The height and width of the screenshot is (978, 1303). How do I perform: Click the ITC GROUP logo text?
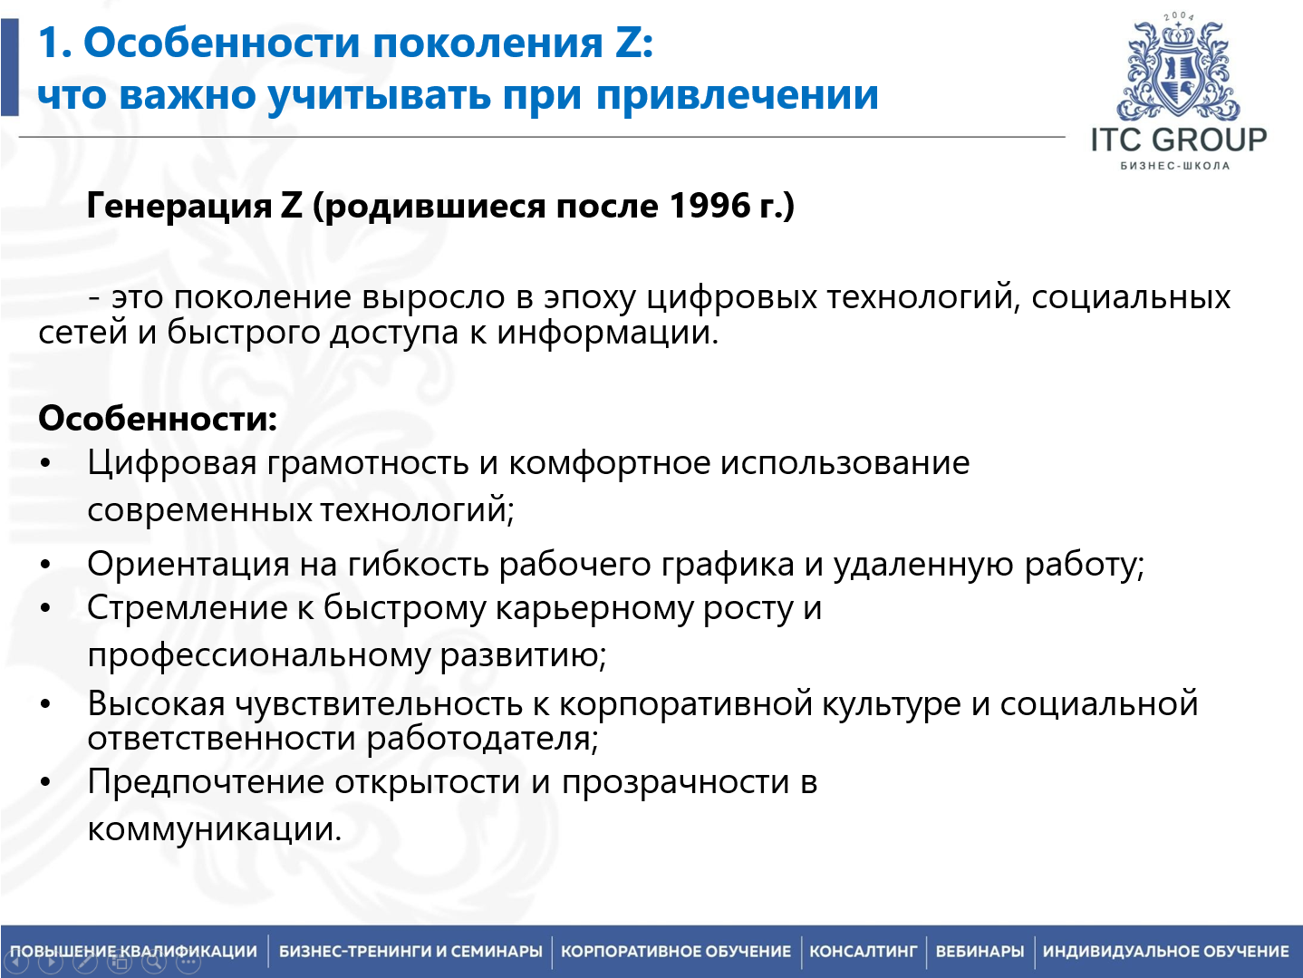click(x=1178, y=140)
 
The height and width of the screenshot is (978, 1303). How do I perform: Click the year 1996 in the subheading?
click(x=710, y=206)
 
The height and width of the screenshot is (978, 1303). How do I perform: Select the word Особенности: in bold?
click(x=158, y=419)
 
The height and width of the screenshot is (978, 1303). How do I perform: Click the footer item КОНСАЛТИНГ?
click(x=863, y=951)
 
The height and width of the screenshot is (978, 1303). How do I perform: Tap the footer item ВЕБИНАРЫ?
click(x=980, y=951)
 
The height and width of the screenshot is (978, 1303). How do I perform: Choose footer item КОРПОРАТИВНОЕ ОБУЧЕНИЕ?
click(x=676, y=951)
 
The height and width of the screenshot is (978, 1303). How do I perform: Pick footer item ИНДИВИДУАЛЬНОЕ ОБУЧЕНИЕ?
click(x=1165, y=951)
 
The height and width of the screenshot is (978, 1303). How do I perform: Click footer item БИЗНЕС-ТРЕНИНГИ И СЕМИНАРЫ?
click(x=410, y=951)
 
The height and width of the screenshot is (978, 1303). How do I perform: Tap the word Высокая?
click(x=156, y=703)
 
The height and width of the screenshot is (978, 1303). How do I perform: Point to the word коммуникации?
click(x=214, y=829)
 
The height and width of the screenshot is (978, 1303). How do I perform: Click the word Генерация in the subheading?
click(x=179, y=206)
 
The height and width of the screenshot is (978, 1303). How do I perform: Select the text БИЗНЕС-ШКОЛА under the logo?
click(x=1175, y=166)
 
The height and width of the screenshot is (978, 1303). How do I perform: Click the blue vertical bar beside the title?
click(x=9, y=67)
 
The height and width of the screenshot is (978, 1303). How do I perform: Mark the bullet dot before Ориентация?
click(x=46, y=565)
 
